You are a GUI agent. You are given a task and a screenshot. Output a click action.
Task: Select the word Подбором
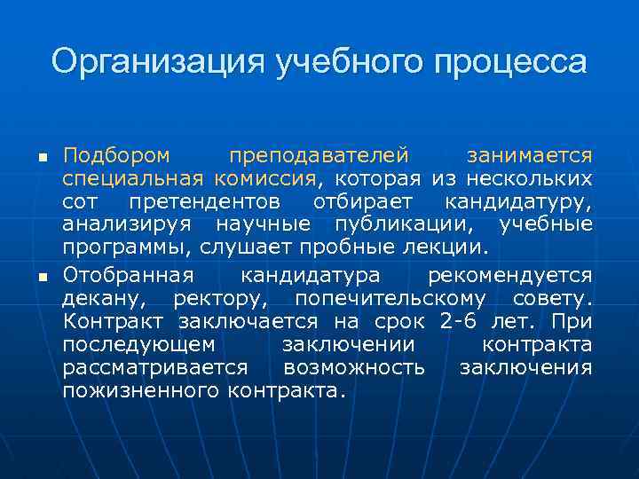[x=115, y=155]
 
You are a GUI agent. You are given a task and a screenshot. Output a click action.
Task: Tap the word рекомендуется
[x=509, y=272]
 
